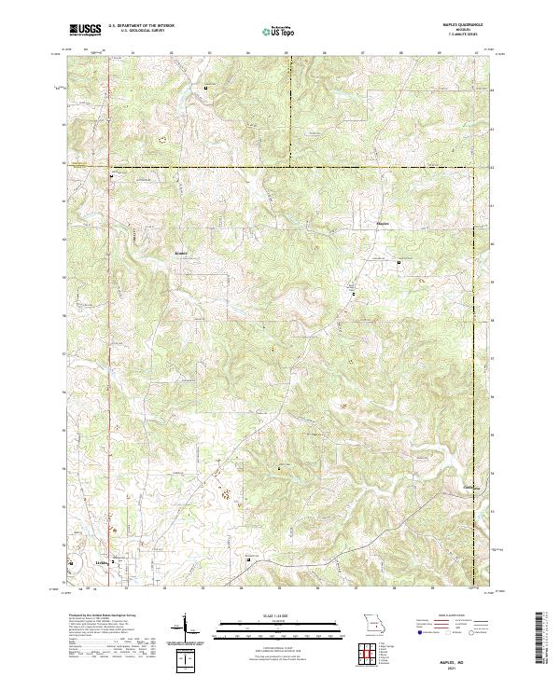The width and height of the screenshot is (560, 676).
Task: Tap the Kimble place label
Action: tap(181, 252)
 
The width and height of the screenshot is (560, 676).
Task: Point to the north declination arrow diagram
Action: tap(193, 629)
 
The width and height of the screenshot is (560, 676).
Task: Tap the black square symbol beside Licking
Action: tap(115, 562)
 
